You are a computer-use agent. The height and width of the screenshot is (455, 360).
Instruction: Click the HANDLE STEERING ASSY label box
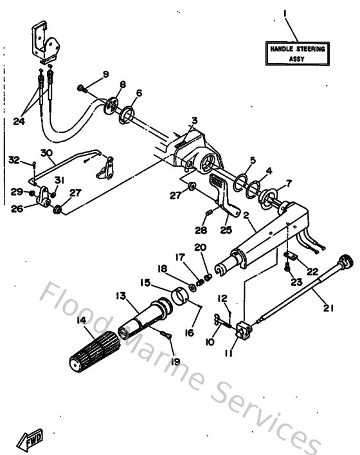298,53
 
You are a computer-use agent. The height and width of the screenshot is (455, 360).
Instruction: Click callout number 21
328,308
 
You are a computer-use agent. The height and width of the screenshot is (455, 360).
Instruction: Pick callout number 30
46,153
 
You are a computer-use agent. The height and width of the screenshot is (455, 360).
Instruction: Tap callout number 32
14,159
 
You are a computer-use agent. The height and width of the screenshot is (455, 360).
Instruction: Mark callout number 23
296,281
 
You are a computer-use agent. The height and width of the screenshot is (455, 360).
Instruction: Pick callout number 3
194,120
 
